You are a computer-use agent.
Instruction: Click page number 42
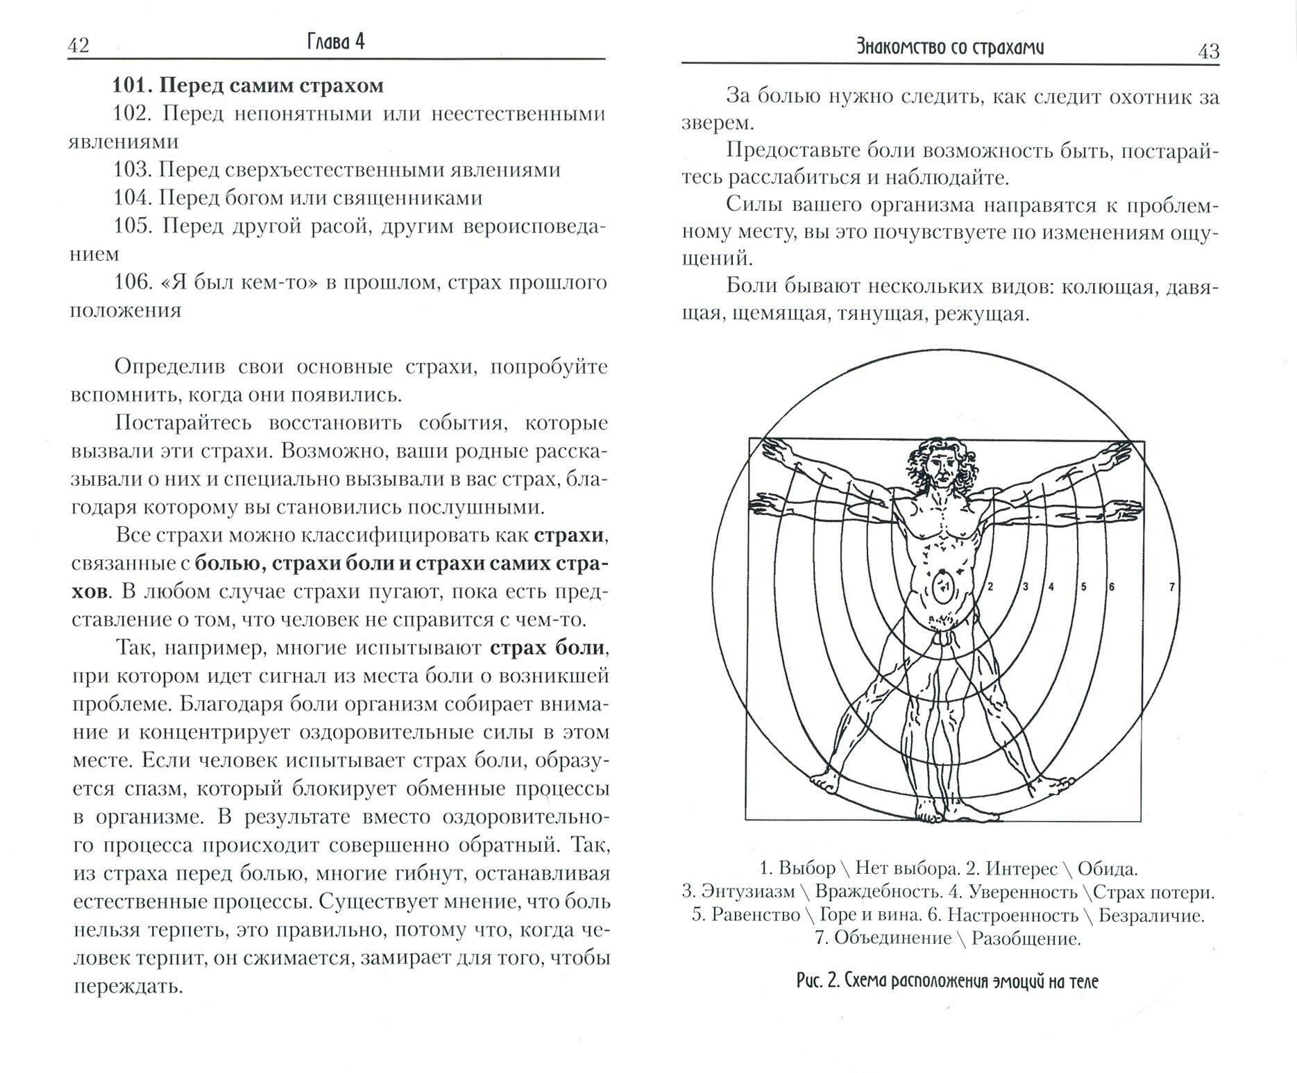[x=78, y=46]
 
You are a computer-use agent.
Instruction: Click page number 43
[x=1208, y=51]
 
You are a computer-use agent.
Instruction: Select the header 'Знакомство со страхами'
[x=950, y=47]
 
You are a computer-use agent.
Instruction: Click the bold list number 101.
[x=133, y=86]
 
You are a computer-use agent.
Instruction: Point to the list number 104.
[x=133, y=198]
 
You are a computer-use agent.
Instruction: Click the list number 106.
[x=133, y=282]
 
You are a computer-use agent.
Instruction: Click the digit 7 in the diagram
[x=1172, y=587]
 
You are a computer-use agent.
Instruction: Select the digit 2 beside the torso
[x=990, y=587]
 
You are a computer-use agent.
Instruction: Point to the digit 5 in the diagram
[x=1084, y=587]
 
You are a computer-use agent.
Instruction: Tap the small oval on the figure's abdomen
[x=943, y=587]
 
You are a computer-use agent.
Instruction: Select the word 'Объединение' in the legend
[x=893, y=938]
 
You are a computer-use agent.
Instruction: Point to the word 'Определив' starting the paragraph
[x=166, y=367]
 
